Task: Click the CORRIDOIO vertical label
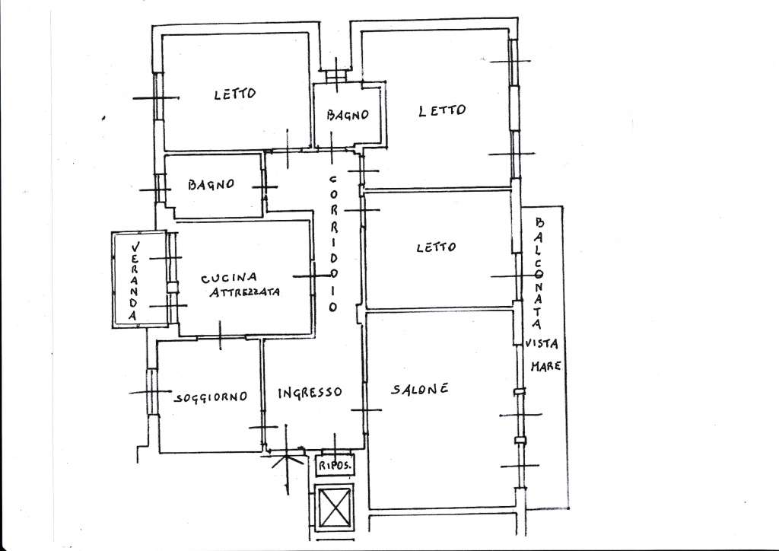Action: [333, 244]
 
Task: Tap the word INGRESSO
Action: [310, 393]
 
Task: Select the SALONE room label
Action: [420, 389]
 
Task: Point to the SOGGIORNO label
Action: [211, 397]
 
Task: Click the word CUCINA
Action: [229, 278]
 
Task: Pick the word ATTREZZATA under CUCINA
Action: [244, 291]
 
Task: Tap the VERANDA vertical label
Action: [134, 281]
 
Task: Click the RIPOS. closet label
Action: [335, 466]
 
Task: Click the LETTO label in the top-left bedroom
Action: [235, 94]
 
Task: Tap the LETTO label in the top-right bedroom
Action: [442, 110]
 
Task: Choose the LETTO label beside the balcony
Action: [436, 247]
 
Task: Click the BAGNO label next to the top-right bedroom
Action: [348, 115]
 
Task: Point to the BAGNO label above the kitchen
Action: [211, 185]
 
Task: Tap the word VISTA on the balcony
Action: [542, 343]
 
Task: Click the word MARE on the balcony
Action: [546, 367]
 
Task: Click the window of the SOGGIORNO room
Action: [151, 392]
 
